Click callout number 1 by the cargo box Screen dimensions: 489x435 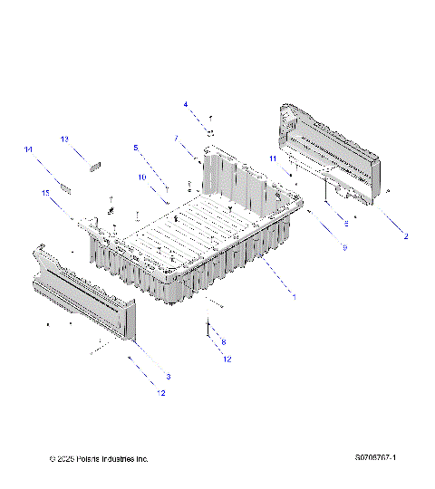point(292,295)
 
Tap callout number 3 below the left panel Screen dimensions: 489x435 point(167,376)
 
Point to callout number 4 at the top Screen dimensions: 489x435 point(186,105)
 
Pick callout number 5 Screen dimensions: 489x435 point(135,147)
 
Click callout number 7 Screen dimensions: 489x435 point(175,139)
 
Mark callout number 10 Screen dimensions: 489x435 point(141,177)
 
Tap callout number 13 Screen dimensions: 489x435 point(64,139)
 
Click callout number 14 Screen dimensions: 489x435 point(28,149)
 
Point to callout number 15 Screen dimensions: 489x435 point(44,193)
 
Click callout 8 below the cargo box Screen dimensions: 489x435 point(224,341)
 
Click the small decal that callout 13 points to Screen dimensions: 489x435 point(94,164)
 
